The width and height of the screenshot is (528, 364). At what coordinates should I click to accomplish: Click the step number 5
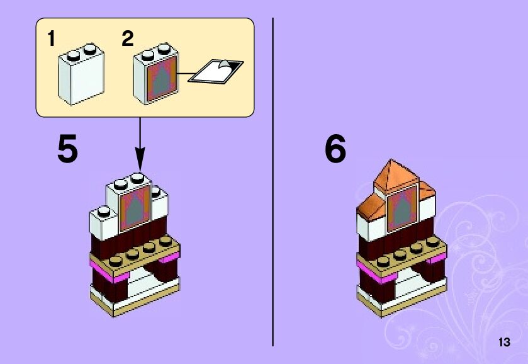coord(68,150)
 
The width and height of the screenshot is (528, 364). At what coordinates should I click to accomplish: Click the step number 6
coord(335,150)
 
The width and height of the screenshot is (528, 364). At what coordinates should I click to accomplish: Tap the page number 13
coord(503,343)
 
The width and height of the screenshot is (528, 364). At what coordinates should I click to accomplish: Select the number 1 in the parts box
coord(51,39)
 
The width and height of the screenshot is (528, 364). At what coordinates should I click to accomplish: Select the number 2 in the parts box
coord(128,39)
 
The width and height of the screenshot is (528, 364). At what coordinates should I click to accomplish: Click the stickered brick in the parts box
coord(156,76)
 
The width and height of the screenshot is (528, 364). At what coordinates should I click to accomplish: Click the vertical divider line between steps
coord(272,183)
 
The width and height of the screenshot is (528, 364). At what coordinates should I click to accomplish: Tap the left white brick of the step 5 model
coord(102,220)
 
